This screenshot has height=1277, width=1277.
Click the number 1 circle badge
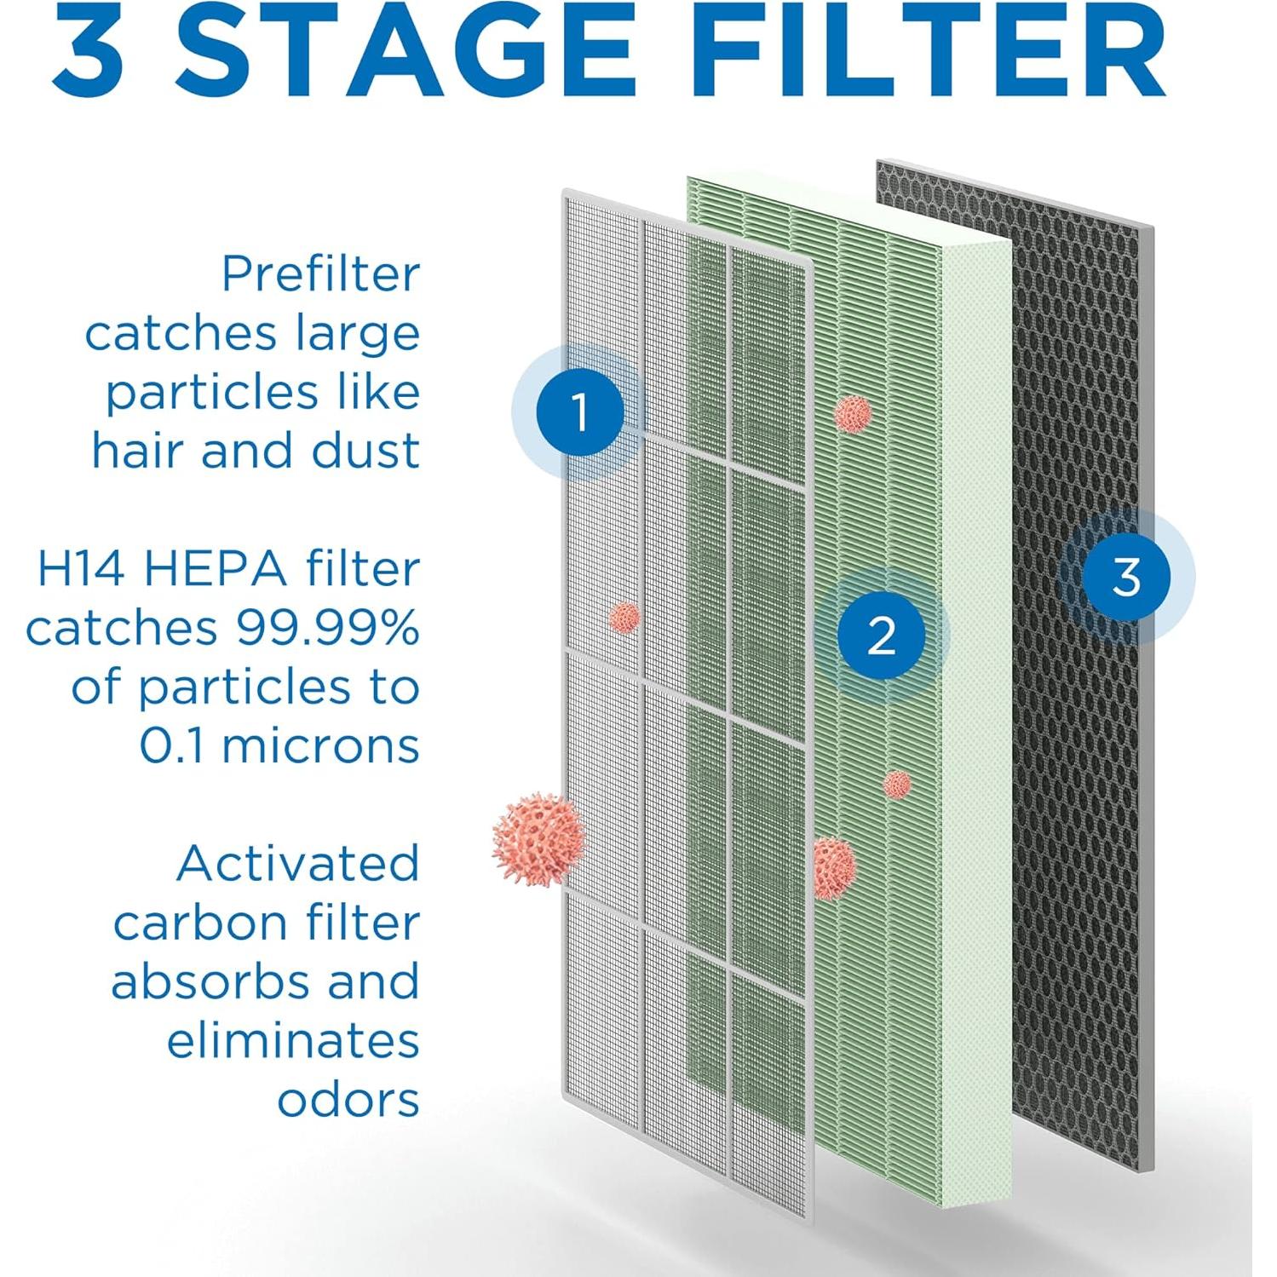tap(580, 412)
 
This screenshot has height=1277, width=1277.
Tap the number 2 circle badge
tap(881, 635)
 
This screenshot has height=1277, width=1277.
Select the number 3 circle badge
tap(1126, 577)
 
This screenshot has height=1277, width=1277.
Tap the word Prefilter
tap(320, 274)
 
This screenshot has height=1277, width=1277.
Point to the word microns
tap(320, 746)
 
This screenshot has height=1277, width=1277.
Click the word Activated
tap(298, 864)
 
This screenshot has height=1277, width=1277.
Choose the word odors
tap(348, 1100)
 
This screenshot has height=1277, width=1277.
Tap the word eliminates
tap(293, 1041)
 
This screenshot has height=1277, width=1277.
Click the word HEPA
tap(216, 569)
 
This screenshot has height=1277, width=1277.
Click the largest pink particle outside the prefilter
tap(538, 839)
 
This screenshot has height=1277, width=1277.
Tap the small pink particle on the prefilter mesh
tap(624, 617)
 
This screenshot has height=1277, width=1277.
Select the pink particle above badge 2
tap(853, 413)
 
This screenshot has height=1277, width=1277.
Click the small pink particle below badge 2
tap(897, 785)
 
